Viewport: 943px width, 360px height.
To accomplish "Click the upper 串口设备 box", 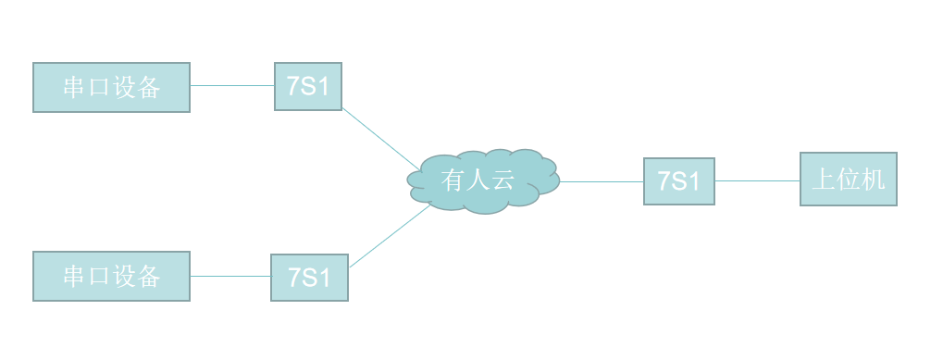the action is pyautogui.click(x=111, y=87).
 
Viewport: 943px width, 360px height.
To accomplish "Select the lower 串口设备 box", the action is pyautogui.click(x=111, y=276).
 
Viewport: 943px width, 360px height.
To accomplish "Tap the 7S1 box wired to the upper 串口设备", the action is pyautogui.click(x=308, y=87).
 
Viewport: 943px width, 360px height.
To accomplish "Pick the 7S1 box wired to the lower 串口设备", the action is pyautogui.click(x=309, y=277).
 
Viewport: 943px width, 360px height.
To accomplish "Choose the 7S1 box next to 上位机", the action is pyautogui.click(x=679, y=180).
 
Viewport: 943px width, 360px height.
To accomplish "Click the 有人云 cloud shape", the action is pyautogui.click(x=483, y=180).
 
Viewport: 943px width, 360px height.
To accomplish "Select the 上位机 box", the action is pyautogui.click(x=848, y=180).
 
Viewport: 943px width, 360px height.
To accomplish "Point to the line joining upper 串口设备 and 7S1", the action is pyautogui.click(x=232, y=86).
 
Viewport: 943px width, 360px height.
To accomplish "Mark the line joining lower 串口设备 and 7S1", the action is pyautogui.click(x=230, y=277).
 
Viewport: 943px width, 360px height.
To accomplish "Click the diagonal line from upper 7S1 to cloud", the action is pyautogui.click(x=380, y=139).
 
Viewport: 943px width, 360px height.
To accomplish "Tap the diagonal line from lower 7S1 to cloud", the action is pyautogui.click(x=390, y=236).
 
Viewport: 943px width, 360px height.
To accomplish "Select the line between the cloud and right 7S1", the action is pyautogui.click(x=602, y=181).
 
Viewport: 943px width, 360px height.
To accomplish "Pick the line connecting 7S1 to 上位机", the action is pyautogui.click(x=757, y=180).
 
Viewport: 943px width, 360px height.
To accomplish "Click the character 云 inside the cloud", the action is pyautogui.click(x=503, y=180).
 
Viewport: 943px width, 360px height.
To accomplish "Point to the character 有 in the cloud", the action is pyautogui.click(x=453, y=180).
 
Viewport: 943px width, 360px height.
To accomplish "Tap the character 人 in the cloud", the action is pyautogui.click(x=478, y=180).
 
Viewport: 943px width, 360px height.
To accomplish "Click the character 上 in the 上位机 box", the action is pyautogui.click(x=824, y=180).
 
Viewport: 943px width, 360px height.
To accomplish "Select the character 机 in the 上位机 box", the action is pyautogui.click(x=874, y=180).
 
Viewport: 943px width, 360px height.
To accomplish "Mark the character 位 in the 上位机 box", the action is pyautogui.click(x=849, y=180).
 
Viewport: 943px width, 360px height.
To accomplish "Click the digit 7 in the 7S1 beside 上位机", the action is pyautogui.click(x=664, y=180).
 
